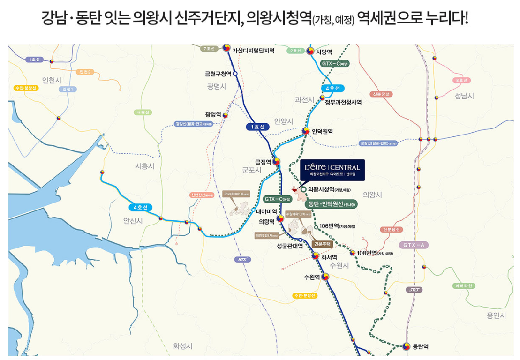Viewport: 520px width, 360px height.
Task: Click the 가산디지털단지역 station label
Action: pos(253,51)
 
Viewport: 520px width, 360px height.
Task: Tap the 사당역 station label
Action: pos(324,52)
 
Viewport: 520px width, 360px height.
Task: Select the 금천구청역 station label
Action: pos(218,74)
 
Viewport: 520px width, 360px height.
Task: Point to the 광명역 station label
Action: pos(213,114)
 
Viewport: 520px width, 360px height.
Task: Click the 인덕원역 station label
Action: pos(322,132)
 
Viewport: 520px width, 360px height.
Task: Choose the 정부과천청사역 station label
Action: pos(343,102)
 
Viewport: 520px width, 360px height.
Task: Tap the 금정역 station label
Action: pos(263,162)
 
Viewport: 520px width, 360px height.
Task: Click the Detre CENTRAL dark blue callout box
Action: pos(332,170)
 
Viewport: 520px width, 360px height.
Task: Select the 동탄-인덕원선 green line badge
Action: pos(331,204)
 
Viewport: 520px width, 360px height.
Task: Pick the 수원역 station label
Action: pos(312,277)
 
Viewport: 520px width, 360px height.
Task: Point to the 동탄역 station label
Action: pos(420,347)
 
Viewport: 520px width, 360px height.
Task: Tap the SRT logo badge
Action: pos(414,290)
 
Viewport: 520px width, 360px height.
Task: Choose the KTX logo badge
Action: pos(242,259)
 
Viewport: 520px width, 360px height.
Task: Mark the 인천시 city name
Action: pos(52,80)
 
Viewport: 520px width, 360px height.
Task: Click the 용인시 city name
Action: pos(496,315)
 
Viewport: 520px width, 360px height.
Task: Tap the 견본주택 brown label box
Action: pos(322,244)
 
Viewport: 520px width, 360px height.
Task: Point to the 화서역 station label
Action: pos(329,257)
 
